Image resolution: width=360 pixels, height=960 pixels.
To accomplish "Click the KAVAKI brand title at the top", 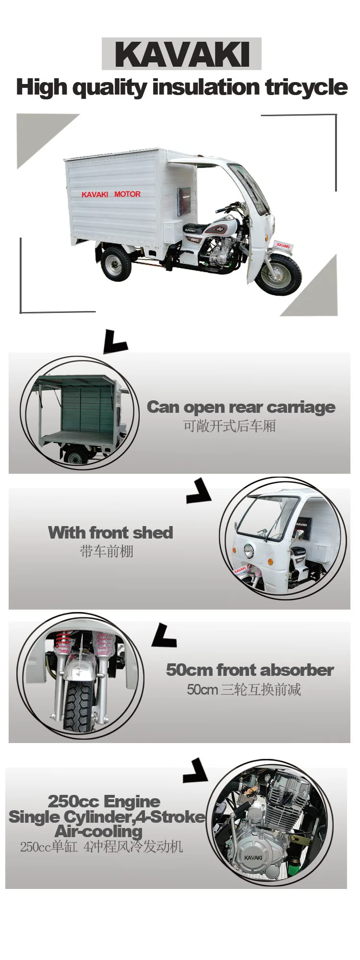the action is tap(182, 54).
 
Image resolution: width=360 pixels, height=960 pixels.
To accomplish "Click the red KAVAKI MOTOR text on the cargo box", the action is tap(111, 194).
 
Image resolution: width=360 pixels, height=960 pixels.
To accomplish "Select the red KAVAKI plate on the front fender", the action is tap(283, 245).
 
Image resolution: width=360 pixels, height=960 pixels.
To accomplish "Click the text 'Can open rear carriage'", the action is tap(241, 407).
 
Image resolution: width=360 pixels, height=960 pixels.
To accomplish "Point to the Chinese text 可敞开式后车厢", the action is tap(229, 426).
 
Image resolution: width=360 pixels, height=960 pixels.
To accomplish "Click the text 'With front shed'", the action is tap(110, 532).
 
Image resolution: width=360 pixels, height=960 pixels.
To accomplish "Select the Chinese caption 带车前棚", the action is tap(107, 551).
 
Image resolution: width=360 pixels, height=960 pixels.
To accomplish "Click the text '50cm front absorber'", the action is tap(250, 670).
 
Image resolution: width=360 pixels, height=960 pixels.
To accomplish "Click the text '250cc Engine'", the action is tap(104, 801).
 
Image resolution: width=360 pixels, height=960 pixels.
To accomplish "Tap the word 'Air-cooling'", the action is tap(99, 831).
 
